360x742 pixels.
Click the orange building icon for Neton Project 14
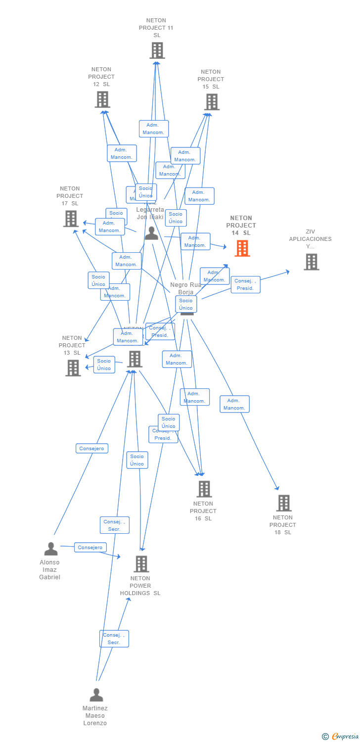[242, 248]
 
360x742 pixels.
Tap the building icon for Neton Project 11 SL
[157, 50]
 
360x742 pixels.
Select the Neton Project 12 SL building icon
[102, 99]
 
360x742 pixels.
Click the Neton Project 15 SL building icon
[212, 102]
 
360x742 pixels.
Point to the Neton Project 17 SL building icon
[71, 219]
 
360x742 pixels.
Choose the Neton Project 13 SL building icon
[73, 368]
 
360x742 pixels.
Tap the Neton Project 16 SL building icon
[204, 489]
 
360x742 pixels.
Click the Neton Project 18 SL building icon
[283, 503]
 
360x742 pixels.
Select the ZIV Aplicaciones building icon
[311, 262]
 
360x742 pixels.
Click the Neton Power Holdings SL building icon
[141, 563]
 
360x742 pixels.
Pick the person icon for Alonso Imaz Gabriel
[51, 549]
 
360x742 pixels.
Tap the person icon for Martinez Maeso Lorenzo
[96, 695]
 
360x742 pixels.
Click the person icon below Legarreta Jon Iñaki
[151, 233]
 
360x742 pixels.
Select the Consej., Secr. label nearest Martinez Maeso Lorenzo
[114, 639]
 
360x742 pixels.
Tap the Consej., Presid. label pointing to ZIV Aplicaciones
[245, 284]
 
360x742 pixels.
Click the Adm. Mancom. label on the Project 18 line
[234, 404]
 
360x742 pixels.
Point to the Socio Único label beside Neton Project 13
[104, 365]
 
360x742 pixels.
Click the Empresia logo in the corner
[341, 737]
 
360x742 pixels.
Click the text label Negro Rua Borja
[186, 288]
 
